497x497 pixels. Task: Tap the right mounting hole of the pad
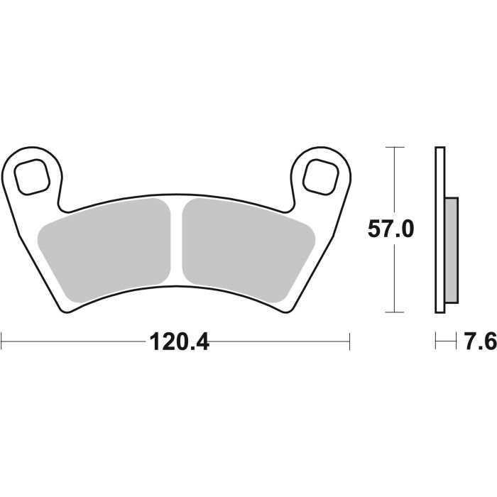coord(321,174)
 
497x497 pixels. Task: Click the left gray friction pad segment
coord(106,245)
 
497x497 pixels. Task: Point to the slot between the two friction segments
coord(177,241)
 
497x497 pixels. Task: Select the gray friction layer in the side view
coord(450,248)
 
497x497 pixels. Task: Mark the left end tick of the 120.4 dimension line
coord(2,342)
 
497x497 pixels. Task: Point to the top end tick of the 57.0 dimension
coord(394,147)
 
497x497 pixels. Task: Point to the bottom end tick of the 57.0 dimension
coord(394,312)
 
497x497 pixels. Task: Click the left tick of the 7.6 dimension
coord(436,342)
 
